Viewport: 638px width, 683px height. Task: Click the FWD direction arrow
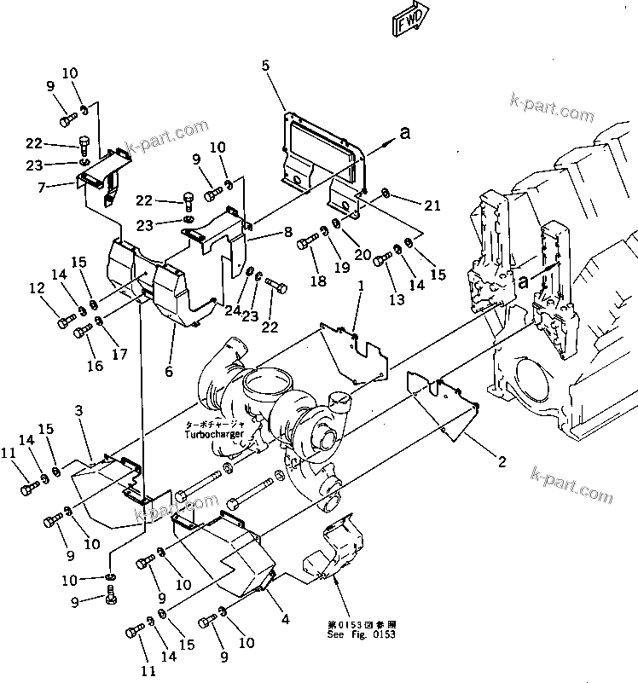[409, 24]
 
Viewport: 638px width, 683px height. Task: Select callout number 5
[265, 65]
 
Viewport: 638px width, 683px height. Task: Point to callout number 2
[502, 462]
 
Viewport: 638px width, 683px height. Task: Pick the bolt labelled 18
[307, 245]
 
